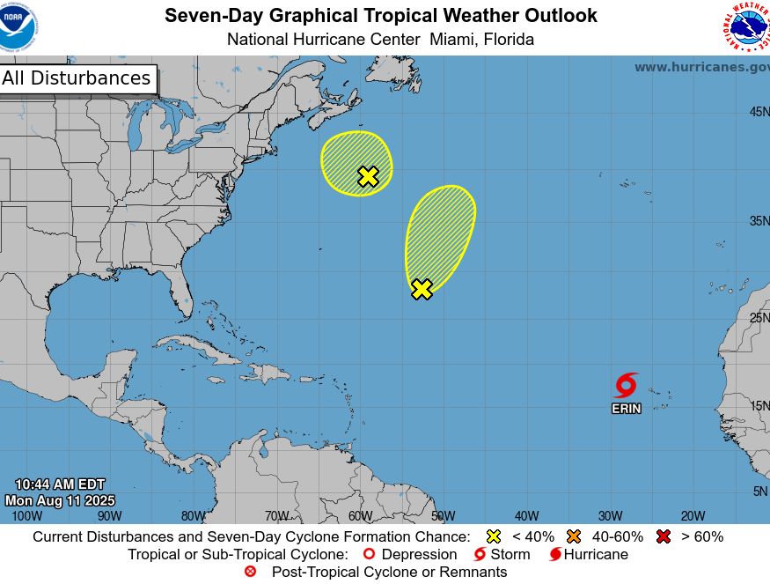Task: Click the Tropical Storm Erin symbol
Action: click(x=626, y=385)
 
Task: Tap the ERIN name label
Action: click(x=626, y=409)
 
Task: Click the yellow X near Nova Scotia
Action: click(x=368, y=176)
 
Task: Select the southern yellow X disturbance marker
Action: click(x=422, y=289)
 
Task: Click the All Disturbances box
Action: click(x=77, y=78)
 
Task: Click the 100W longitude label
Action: click(x=26, y=516)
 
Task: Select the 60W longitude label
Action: click(x=359, y=516)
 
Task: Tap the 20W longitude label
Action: click(x=693, y=516)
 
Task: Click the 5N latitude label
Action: click(x=760, y=492)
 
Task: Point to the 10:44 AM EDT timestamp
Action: click(x=60, y=484)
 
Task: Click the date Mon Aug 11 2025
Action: click(x=60, y=500)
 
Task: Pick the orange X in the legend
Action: click(x=574, y=536)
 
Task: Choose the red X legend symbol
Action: click(x=664, y=536)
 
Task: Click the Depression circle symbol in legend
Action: click(x=370, y=554)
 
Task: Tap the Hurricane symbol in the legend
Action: click(x=555, y=554)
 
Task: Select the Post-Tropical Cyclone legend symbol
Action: click(x=250, y=572)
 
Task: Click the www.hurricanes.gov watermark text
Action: click(x=701, y=67)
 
